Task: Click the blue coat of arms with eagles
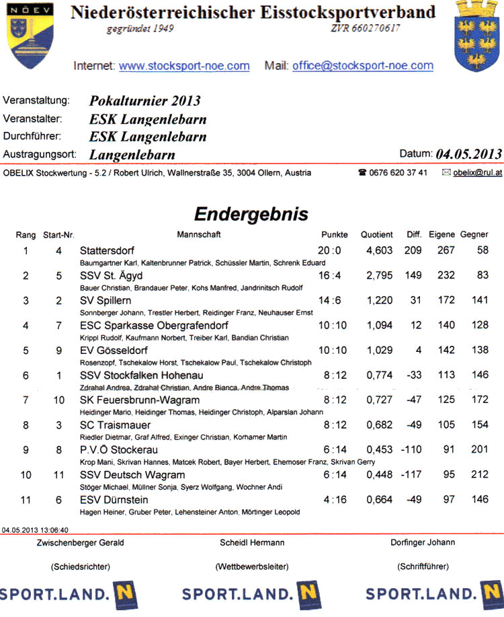tap(478, 35)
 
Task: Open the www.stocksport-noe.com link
tap(184, 66)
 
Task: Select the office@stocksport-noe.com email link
tap(363, 66)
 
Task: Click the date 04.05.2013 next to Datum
tap(468, 153)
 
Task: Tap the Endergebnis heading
tap(251, 214)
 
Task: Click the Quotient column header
tap(376, 235)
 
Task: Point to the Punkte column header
tap(335, 235)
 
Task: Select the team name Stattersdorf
tap(108, 250)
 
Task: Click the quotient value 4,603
tap(379, 250)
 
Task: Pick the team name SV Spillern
tap(106, 300)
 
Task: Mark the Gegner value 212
tap(480, 475)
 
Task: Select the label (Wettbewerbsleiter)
tap(252, 567)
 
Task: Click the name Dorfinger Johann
tap(423, 542)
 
